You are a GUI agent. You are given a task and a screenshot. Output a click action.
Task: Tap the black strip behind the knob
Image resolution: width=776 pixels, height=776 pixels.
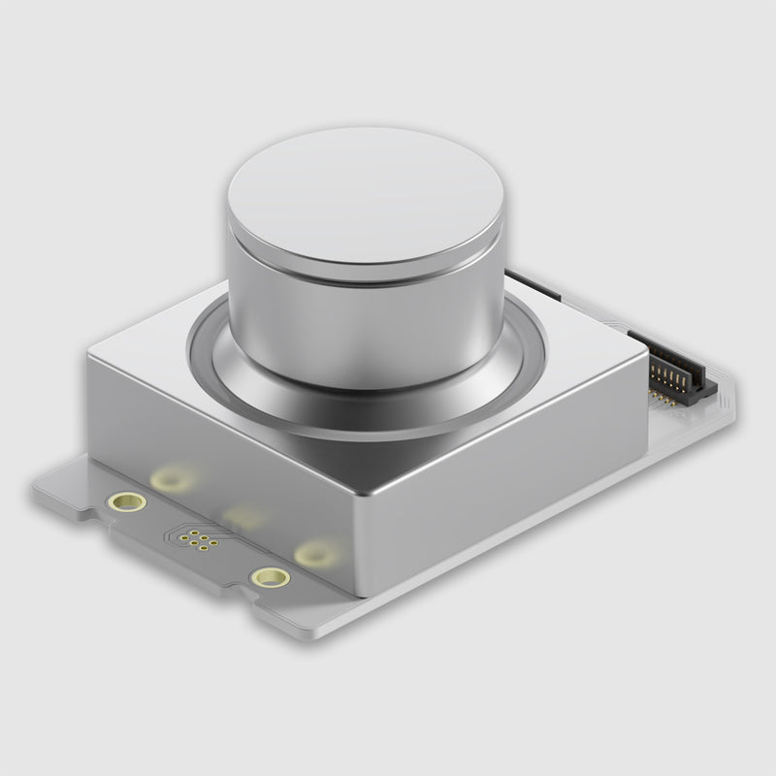[x=533, y=285]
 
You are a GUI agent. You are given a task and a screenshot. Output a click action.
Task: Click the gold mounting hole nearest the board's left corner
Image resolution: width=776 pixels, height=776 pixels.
[x=127, y=501]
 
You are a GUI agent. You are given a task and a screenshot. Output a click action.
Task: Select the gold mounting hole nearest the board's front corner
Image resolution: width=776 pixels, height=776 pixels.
[x=270, y=578]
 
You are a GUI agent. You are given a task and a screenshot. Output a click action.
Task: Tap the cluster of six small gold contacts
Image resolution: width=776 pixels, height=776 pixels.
[x=201, y=540]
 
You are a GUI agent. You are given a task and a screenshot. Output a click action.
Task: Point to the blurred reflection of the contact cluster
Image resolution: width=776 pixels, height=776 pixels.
[x=243, y=515]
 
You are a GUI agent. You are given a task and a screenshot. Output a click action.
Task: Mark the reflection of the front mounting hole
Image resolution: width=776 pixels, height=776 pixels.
[x=314, y=554]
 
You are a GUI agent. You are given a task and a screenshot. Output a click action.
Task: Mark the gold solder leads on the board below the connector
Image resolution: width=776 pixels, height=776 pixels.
[x=663, y=398]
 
